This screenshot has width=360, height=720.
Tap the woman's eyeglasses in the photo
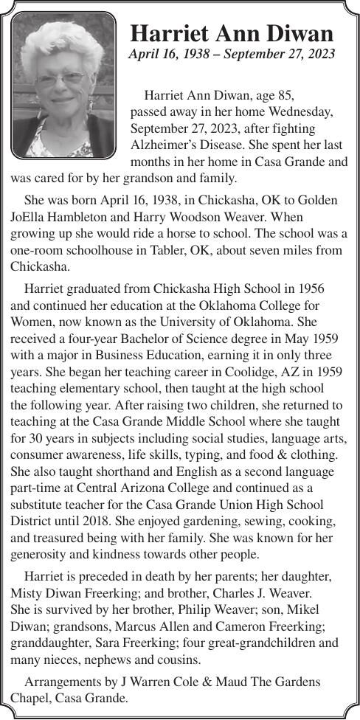point(63,77)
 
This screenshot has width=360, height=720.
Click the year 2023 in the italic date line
point(320,54)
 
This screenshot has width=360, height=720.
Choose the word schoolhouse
point(101,249)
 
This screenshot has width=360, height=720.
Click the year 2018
point(105,521)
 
